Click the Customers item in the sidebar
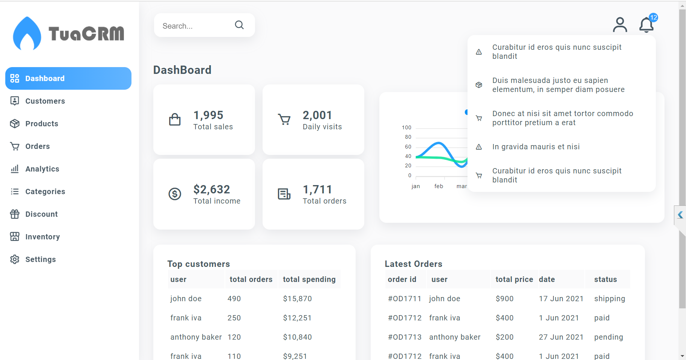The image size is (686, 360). point(45,101)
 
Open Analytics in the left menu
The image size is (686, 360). point(42,169)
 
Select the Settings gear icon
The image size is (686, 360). point(15,259)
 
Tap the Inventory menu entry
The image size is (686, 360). point(42,237)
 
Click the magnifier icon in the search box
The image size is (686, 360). point(239,25)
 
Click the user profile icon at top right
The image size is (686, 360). point(620,25)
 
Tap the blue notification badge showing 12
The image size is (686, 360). point(654,17)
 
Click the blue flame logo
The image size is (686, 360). point(27,34)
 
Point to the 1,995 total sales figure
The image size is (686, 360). point(208,115)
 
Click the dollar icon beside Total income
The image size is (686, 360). point(175,194)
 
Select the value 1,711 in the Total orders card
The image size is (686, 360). point(317,189)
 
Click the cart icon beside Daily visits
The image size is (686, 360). point(284,119)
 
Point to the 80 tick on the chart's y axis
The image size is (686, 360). point(408,137)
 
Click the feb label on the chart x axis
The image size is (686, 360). point(438,186)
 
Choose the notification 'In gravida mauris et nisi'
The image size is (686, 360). point(536,147)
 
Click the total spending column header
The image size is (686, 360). point(309,279)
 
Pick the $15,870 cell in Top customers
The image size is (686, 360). point(297,299)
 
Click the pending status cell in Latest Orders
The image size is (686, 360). point(608,337)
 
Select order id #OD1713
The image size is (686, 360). point(405,337)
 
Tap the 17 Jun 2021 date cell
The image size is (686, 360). point(561,299)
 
